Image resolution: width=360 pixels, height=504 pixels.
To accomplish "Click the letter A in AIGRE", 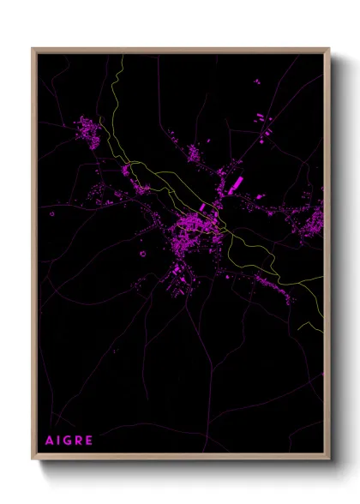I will pos(50,441).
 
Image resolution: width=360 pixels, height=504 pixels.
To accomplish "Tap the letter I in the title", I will pos(60,441).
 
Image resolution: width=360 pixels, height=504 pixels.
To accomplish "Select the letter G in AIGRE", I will pos(69,441).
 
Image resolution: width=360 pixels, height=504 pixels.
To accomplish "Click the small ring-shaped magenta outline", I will pos(142,253).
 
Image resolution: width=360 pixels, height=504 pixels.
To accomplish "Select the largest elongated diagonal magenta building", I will pos(237,183).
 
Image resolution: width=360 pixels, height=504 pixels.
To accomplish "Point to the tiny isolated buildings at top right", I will pos(256,81).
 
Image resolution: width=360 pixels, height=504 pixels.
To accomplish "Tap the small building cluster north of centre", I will pos(194,154).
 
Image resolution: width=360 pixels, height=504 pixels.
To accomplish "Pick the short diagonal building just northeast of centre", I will pos(203,207).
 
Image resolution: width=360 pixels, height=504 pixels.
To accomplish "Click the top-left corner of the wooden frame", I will pos(33,49).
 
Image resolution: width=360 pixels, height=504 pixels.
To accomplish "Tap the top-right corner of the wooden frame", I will pos(329,49).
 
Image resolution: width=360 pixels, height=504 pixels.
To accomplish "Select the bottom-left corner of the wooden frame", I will pos(33,460).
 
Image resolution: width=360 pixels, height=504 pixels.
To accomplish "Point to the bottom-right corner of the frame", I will pos(329,460).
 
